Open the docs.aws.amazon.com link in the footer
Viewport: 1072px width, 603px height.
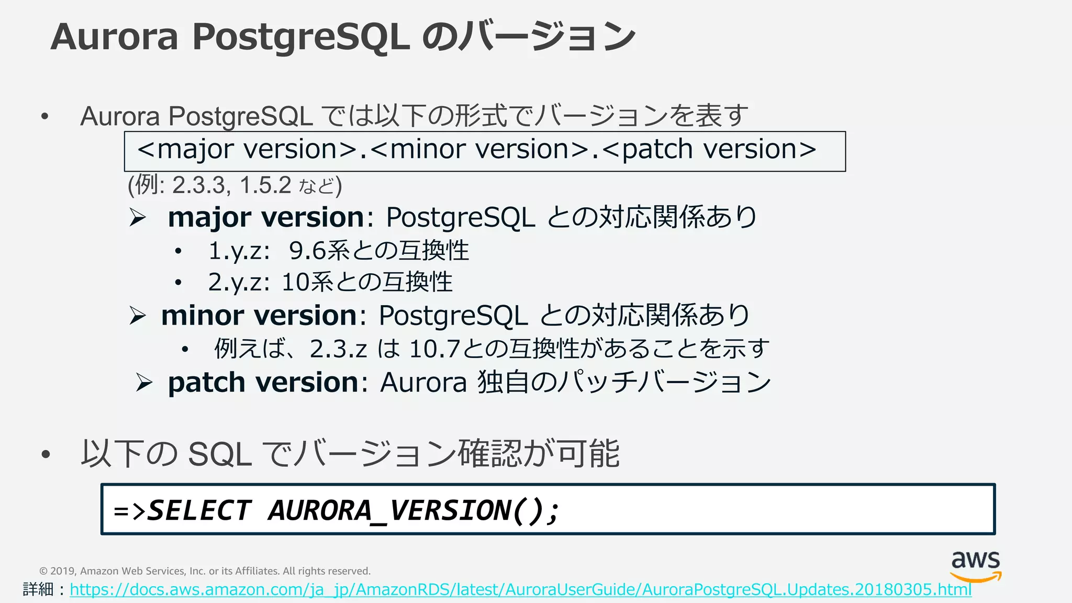[x=520, y=590]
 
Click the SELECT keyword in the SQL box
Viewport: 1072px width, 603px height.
[x=199, y=510]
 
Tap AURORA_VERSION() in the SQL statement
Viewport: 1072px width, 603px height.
[x=414, y=510]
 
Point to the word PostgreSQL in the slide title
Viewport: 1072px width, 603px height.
[x=301, y=38]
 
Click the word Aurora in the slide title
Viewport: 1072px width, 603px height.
[x=115, y=38]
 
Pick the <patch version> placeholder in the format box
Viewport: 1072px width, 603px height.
[x=709, y=150]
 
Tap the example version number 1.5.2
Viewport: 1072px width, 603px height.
[x=265, y=185]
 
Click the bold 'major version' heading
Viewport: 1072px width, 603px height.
[x=266, y=217]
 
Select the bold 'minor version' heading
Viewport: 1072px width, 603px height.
[x=259, y=316]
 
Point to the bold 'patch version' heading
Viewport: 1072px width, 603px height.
[x=263, y=383]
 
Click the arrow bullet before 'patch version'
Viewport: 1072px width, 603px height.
[x=144, y=383]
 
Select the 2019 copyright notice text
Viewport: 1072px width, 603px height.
[x=205, y=571]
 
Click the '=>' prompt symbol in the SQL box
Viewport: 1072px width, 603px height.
[x=129, y=511]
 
